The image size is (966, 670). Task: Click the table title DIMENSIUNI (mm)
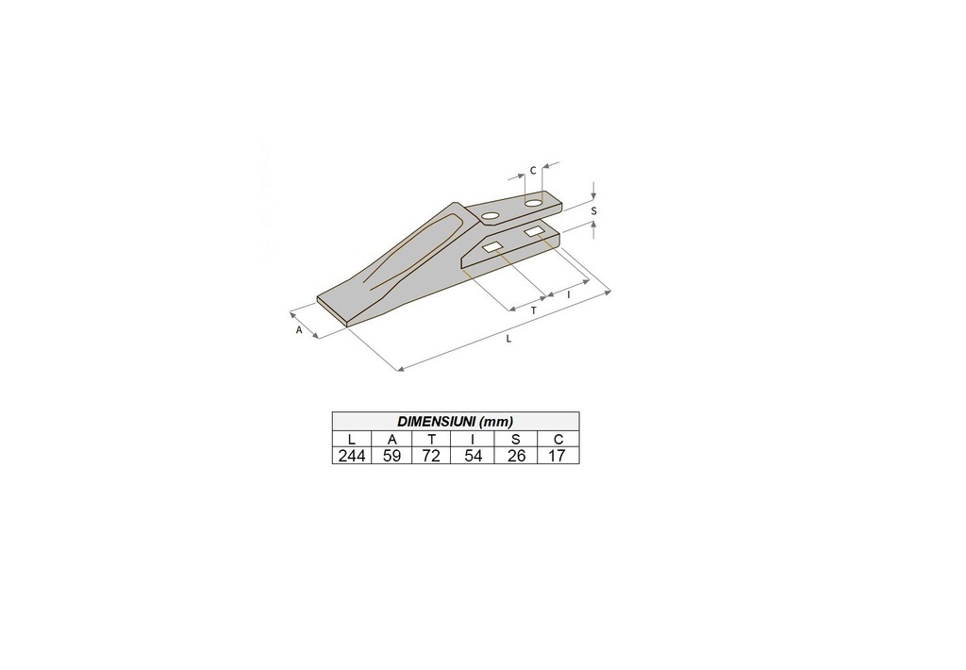point(456,422)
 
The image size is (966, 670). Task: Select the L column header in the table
point(352,440)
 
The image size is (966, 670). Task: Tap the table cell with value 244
point(352,456)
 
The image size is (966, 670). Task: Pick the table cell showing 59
point(391,456)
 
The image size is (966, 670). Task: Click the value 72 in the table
point(431,456)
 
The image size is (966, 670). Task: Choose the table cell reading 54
point(474,456)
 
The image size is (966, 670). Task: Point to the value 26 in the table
point(516,456)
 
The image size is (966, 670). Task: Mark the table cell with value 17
point(558,456)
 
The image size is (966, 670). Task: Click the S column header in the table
point(516,440)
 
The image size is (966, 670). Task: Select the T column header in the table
point(432,440)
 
